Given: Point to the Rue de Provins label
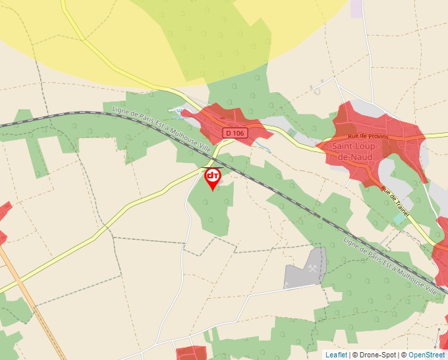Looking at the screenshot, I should tap(366, 135).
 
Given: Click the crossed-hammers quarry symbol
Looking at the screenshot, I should tap(312, 268).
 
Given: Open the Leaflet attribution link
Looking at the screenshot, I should tap(336, 355).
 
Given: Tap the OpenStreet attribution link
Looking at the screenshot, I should tap(428, 355).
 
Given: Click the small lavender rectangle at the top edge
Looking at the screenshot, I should tap(356, 9).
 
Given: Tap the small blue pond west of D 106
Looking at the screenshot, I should tap(177, 111).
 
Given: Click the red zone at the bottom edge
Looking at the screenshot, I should tap(191, 353).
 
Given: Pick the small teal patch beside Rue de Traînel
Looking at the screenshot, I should tap(398, 219).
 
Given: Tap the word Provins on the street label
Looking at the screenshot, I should tap(377, 135).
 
